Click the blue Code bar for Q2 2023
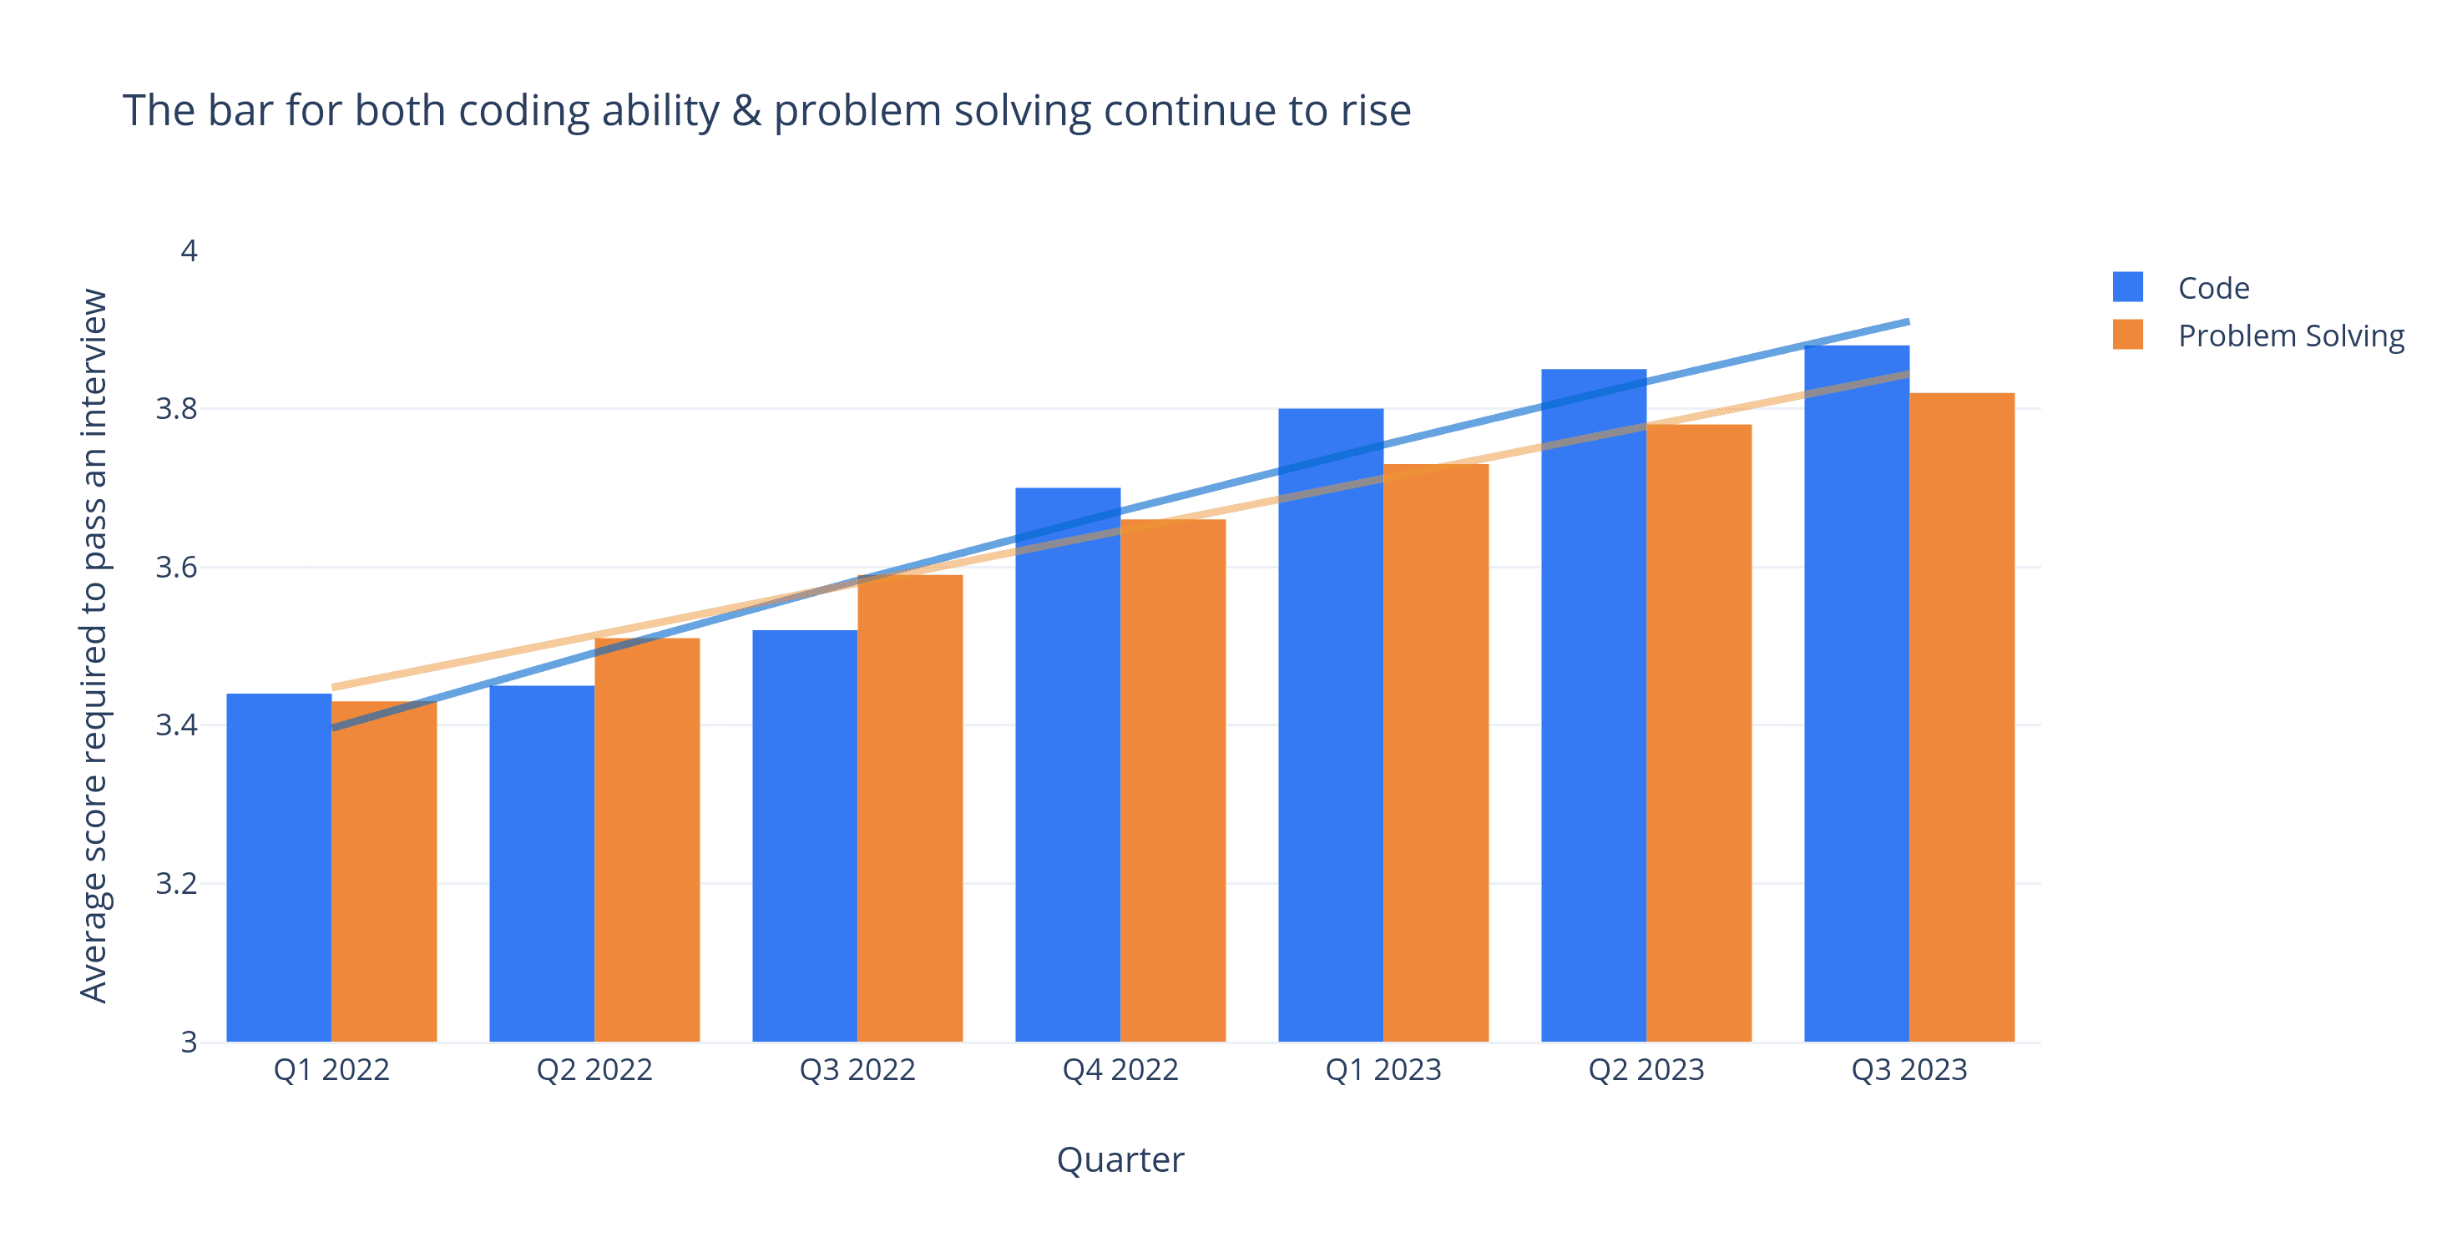point(1594,705)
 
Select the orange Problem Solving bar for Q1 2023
point(1435,753)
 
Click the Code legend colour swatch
point(2127,287)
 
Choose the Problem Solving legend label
point(2290,336)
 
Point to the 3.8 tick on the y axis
point(177,409)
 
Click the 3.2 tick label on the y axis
point(177,884)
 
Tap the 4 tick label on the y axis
point(189,251)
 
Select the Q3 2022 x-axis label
point(857,1070)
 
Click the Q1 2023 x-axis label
point(1383,1070)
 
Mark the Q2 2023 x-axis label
point(1646,1070)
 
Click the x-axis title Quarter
point(1120,1160)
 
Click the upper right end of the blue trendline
point(1907,323)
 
